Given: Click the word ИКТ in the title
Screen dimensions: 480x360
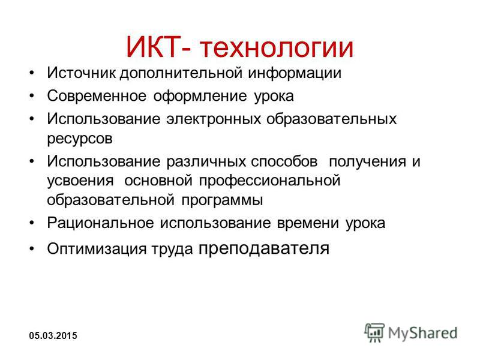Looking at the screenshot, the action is (x=152, y=47).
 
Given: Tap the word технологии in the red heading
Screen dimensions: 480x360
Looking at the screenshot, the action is (x=277, y=47).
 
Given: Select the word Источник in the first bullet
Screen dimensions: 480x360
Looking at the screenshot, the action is (x=82, y=73).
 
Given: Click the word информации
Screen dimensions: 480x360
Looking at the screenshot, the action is (x=295, y=73).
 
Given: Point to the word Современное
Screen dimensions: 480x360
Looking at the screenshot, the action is (x=97, y=96).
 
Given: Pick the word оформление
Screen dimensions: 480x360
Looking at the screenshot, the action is (x=200, y=97).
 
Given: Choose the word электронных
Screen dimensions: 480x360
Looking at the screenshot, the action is (x=214, y=119).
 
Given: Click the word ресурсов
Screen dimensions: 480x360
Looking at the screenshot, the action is (x=80, y=139).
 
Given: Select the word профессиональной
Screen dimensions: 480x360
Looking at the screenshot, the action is (x=269, y=181).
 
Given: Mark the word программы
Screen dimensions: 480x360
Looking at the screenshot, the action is (x=222, y=200).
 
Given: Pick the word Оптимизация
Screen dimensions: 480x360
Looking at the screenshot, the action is (x=97, y=248).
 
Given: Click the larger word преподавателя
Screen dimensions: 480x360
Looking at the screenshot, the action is (x=264, y=248).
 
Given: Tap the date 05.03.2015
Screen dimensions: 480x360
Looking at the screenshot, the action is (x=53, y=335).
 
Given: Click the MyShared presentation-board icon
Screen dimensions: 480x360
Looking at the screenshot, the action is (x=374, y=332).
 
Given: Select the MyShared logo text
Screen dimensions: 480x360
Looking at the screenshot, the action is (x=423, y=333).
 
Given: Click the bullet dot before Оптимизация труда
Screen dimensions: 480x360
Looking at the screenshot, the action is (x=32, y=248).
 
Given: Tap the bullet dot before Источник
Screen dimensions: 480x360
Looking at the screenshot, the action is (x=32, y=73).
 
